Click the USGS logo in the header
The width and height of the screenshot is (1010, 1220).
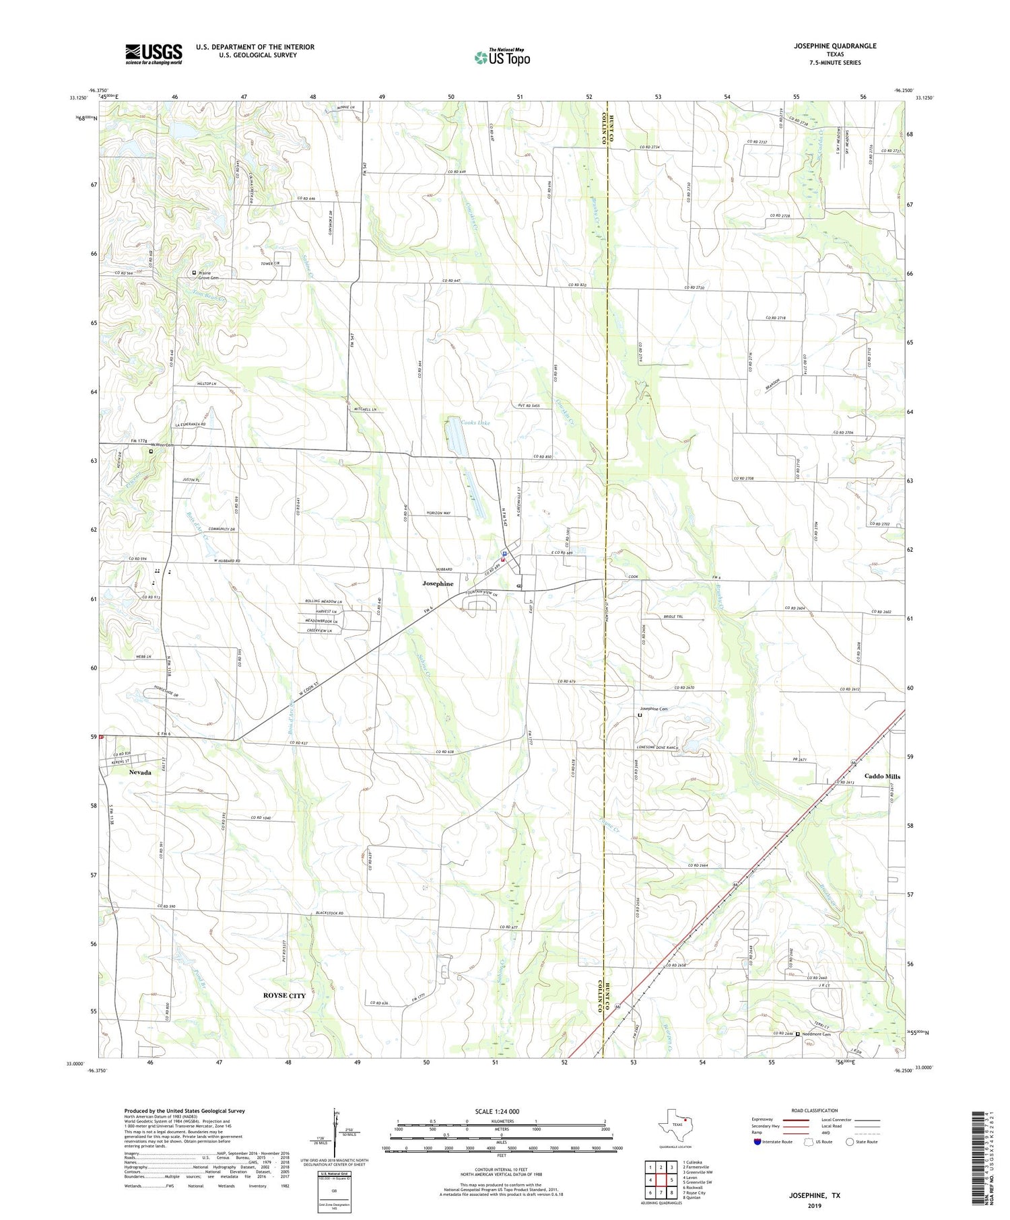point(154,54)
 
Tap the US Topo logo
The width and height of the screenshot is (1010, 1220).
point(502,57)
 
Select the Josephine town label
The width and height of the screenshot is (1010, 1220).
point(438,583)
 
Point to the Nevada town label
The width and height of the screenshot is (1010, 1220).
point(140,773)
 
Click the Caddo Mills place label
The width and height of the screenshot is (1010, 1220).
point(882,776)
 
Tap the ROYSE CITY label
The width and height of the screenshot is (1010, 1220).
point(284,995)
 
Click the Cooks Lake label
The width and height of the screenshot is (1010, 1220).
point(475,423)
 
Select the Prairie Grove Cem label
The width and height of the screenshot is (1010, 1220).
point(209,275)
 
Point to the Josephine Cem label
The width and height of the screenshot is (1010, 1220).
point(653,709)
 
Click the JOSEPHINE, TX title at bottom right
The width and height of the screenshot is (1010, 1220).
point(814,1196)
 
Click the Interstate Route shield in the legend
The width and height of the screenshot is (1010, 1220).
point(757,1142)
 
